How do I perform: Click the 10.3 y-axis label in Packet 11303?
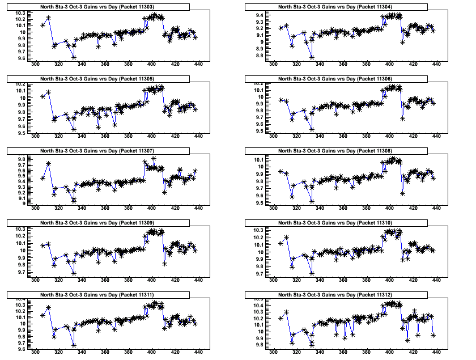tap(20, 12)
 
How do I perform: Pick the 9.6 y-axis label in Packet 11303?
tap(20, 58)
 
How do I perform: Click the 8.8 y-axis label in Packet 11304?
tap(258, 56)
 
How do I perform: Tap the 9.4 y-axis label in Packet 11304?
tap(258, 15)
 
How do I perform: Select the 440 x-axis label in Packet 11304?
tap(436, 65)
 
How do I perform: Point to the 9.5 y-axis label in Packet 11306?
tap(258, 131)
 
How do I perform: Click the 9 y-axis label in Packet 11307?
tap(24, 202)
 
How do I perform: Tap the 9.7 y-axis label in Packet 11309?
tap(20, 273)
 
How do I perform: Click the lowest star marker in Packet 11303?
tap(74, 57)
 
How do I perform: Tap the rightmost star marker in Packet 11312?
tap(433, 335)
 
